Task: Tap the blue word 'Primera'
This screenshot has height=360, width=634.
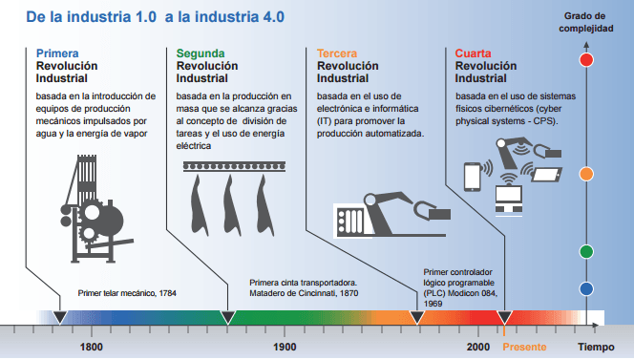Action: (57, 53)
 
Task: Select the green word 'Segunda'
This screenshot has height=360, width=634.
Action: (201, 53)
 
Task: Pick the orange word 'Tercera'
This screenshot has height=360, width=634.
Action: (338, 53)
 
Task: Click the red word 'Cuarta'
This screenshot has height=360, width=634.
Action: (474, 53)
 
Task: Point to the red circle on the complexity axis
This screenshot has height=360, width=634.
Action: (588, 60)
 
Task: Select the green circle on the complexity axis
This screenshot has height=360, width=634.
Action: (588, 252)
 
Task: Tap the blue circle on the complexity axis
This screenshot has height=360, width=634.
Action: (588, 288)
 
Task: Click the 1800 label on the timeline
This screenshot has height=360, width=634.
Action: (92, 348)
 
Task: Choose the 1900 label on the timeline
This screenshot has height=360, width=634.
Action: (285, 348)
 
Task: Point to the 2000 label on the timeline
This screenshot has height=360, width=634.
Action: (479, 348)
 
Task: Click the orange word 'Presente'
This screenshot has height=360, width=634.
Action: (525, 348)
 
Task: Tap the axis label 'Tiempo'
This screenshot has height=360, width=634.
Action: (595, 348)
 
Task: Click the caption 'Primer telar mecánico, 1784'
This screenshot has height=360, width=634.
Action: (127, 293)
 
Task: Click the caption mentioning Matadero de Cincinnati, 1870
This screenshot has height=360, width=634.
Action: (303, 288)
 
